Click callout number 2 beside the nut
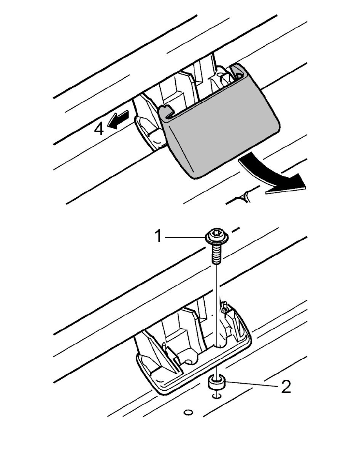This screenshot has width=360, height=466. click(x=286, y=387)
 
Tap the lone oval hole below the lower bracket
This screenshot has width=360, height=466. click(x=188, y=412)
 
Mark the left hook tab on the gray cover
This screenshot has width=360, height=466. click(x=167, y=112)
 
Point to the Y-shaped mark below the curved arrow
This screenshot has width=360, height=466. click(x=245, y=195)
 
